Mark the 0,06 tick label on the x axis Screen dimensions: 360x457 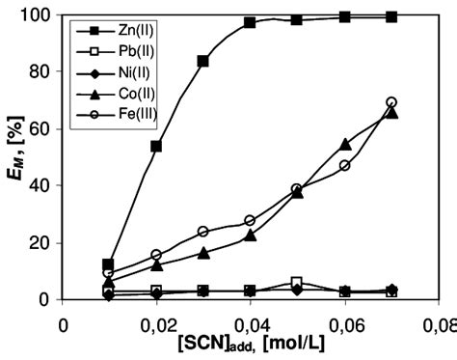[x=343, y=324]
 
